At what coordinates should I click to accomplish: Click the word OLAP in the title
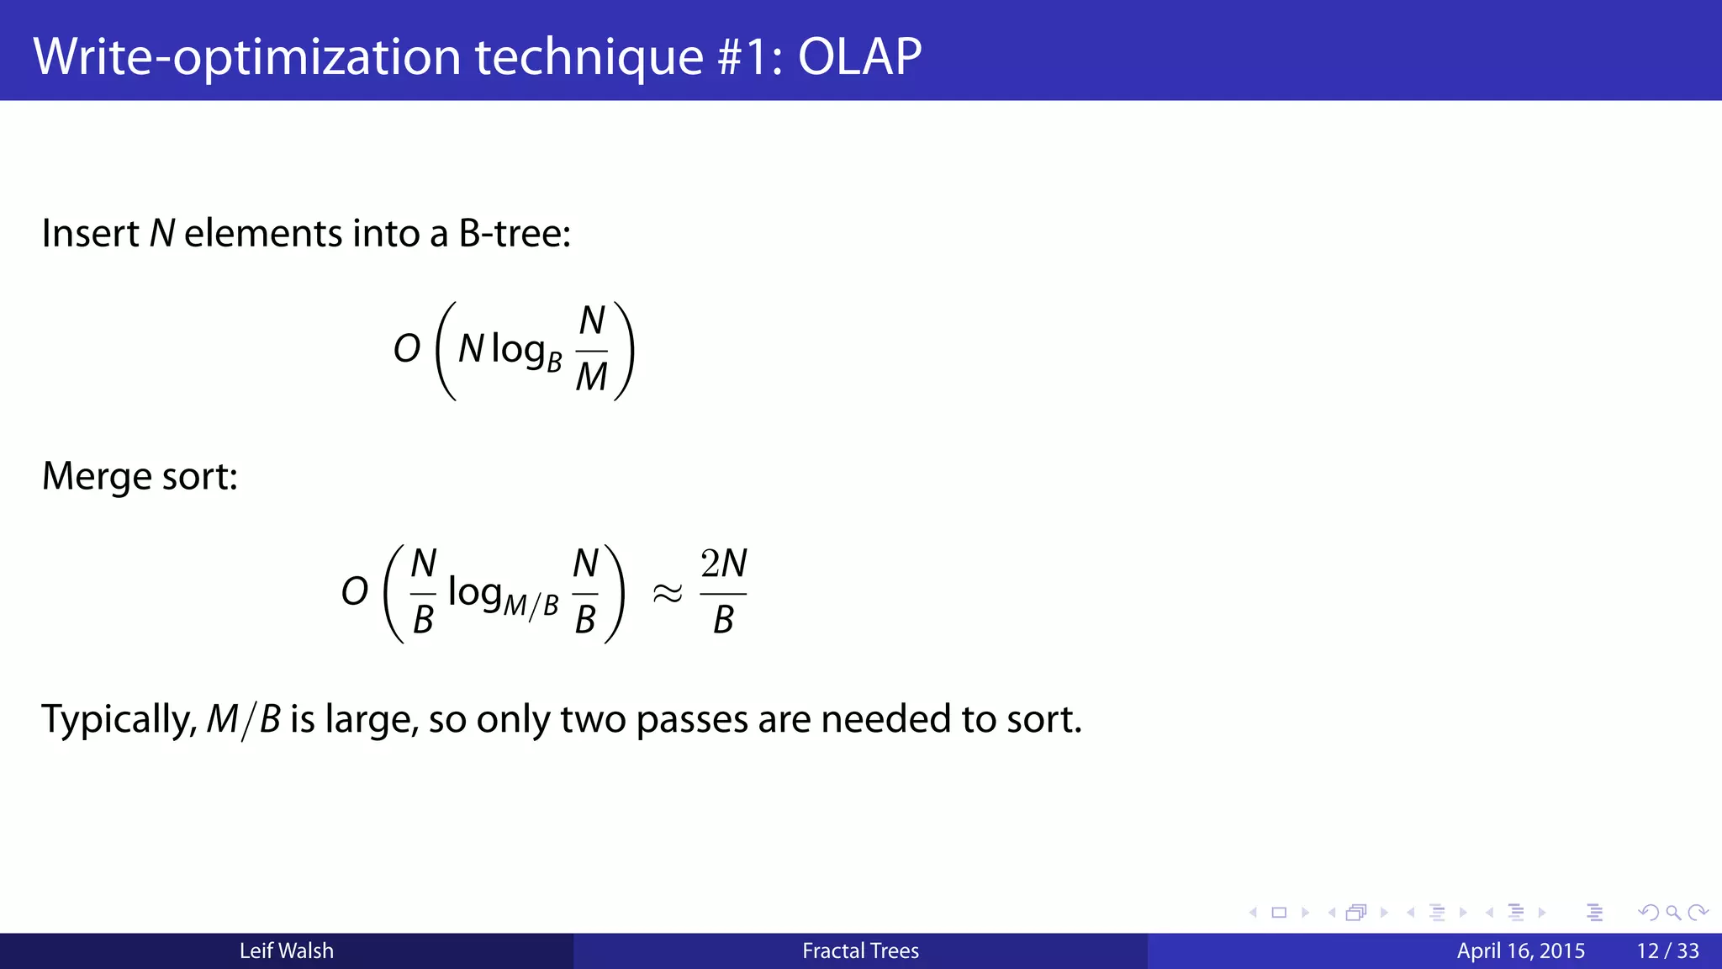click(859, 57)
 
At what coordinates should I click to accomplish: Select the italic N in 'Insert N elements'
click(161, 234)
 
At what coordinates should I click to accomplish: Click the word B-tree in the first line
click(514, 234)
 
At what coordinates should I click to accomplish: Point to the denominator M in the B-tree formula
click(591, 377)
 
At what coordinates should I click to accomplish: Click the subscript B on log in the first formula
click(554, 363)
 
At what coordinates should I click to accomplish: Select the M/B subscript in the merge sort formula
click(531, 605)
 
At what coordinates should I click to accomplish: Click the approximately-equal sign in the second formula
click(668, 594)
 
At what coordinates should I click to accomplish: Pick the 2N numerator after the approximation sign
click(724, 564)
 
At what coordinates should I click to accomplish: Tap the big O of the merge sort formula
click(355, 591)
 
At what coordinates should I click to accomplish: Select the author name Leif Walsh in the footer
click(286, 951)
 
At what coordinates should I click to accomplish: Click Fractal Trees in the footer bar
click(860, 951)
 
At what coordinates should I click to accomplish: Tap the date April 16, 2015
click(1520, 951)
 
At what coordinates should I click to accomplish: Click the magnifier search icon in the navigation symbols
click(1672, 913)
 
